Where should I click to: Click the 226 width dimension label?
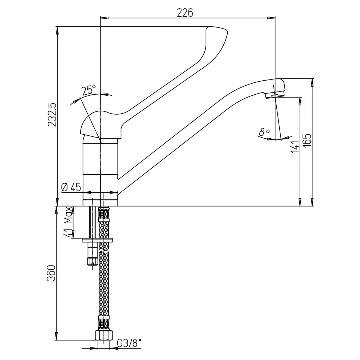(185, 13)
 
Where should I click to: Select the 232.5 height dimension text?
(52, 114)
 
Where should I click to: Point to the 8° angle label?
(264, 132)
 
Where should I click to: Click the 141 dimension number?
(295, 147)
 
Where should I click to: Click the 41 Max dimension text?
(68, 222)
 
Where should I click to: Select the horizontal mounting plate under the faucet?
(98, 240)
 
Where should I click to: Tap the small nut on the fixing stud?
(92, 261)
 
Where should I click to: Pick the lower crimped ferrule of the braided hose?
(104, 323)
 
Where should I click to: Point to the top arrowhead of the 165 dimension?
(312, 83)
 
